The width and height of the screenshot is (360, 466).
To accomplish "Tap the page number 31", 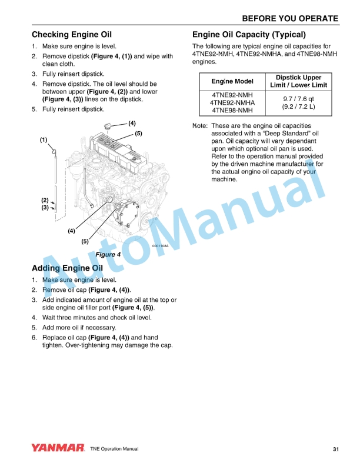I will point(335,450).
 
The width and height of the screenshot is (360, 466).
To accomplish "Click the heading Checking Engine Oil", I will point(71,35).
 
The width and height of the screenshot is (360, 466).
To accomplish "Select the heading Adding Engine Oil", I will point(67,268).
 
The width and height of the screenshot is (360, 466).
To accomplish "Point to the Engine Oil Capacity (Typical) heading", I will point(249,34).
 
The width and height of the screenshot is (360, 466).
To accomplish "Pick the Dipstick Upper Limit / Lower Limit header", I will point(298,81).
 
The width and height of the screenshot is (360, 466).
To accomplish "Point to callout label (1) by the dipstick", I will point(44,140).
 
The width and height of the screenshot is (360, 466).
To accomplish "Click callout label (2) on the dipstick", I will point(45,201).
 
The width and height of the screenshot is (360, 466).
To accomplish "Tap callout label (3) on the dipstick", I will point(45,208).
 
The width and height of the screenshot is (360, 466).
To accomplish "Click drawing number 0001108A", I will point(160,246).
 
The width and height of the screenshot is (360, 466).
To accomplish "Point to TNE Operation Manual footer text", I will point(114,450).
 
